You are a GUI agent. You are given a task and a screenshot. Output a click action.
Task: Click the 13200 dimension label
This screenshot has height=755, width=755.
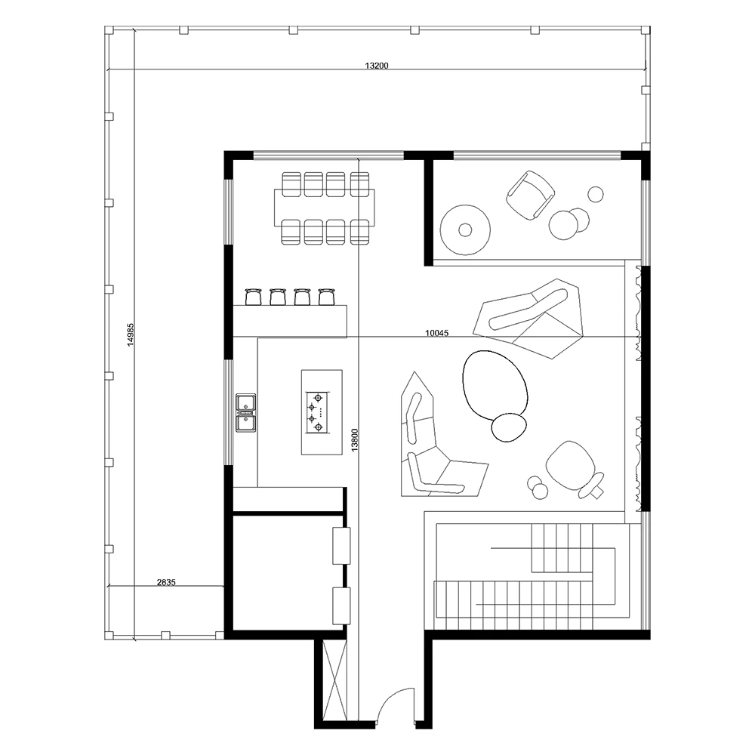(x=377, y=66)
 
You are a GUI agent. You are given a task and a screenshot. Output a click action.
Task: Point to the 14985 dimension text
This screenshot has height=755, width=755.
(x=131, y=334)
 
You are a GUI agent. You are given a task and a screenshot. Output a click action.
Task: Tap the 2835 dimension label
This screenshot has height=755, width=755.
(x=166, y=582)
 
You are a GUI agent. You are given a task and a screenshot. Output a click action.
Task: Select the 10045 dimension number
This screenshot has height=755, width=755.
(x=436, y=333)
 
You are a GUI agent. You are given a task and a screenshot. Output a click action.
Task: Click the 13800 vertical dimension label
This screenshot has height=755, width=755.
(x=355, y=440)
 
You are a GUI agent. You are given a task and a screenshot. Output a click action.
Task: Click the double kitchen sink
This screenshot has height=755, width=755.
(x=245, y=412)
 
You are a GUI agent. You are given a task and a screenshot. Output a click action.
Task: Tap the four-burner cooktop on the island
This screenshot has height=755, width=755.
(x=317, y=412)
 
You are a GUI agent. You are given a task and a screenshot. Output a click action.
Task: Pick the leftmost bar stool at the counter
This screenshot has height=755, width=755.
(x=253, y=297)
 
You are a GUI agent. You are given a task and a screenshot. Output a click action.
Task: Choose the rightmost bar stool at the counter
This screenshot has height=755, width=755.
(x=326, y=297)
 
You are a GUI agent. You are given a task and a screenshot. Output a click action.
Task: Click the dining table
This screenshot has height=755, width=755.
(x=324, y=208)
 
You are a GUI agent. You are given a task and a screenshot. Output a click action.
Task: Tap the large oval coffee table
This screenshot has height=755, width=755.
(x=495, y=384)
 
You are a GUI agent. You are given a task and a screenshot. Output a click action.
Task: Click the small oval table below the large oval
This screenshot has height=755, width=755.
(x=509, y=427)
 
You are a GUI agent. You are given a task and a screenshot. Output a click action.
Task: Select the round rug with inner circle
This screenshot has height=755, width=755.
(x=465, y=230)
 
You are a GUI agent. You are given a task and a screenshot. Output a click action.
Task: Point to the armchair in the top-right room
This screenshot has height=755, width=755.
(x=530, y=195)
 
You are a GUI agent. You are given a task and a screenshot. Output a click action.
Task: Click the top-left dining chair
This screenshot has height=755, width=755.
(x=291, y=184)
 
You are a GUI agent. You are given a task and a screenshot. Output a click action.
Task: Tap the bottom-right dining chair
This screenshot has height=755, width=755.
(x=359, y=232)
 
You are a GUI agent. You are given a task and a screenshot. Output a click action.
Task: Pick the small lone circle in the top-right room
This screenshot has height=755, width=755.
(x=596, y=194)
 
